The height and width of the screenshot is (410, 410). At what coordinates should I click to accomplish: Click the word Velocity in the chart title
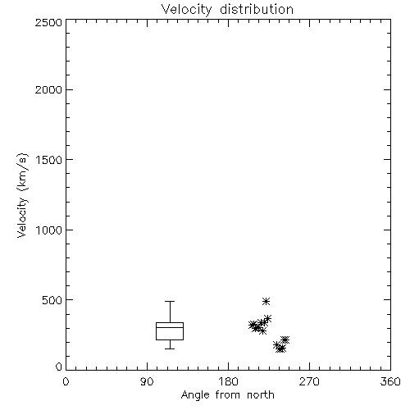point(186,10)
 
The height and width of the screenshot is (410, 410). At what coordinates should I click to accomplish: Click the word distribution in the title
point(257,9)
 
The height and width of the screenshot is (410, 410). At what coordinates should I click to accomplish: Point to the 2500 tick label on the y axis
point(48,22)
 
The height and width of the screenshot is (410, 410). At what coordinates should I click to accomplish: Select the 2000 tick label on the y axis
point(48,89)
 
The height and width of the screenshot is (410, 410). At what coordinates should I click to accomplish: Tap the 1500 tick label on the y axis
point(49,160)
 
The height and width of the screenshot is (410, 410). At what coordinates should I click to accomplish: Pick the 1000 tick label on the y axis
point(49,230)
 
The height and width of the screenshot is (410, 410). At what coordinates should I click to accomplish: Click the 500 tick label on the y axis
point(52,300)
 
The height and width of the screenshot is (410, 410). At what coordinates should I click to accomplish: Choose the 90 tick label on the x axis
point(147,381)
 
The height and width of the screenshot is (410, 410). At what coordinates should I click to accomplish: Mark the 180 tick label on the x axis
point(228,381)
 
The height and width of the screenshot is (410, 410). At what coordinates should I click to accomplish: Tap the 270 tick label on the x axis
point(309,381)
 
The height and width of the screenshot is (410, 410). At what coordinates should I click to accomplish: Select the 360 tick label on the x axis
point(390,381)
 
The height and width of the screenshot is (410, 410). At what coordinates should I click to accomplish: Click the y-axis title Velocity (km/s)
point(22,195)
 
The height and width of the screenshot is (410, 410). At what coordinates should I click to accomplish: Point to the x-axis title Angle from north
point(227,395)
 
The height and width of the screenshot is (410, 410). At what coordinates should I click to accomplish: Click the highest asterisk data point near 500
point(266,302)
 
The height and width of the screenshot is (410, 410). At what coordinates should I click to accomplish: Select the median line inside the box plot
point(170,327)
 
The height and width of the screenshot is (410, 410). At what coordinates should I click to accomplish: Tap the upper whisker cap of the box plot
point(170,301)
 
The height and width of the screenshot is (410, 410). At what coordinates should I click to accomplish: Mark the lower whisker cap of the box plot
point(170,348)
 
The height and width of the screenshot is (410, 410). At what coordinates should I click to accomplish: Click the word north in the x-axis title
point(261,394)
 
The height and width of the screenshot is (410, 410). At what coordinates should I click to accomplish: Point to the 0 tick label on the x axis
point(66,381)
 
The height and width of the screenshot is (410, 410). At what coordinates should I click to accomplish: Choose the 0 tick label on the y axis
point(59,367)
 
